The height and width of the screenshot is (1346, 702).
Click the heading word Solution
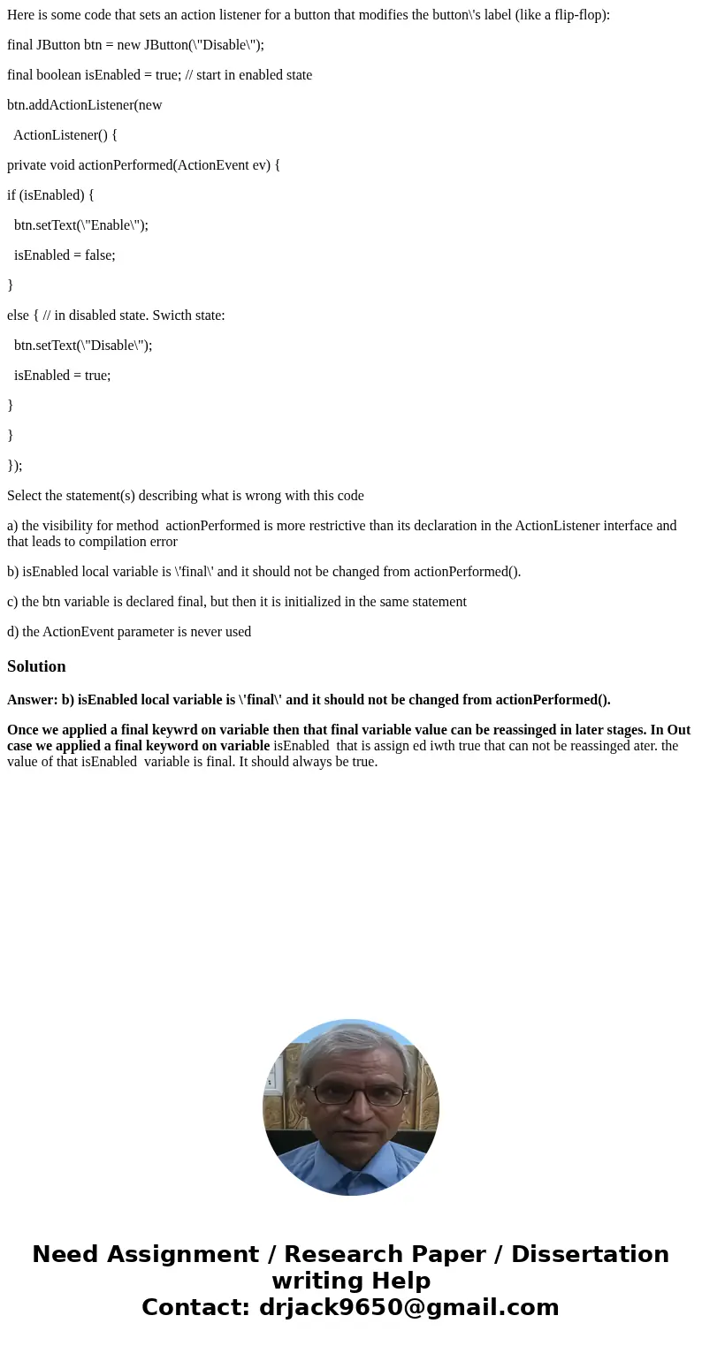pyautogui.click(x=36, y=666)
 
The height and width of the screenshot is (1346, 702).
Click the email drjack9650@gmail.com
pyautogui.click(x=409, y=1307)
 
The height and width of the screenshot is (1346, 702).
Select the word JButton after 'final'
pyautogui.click(x=62, y=45)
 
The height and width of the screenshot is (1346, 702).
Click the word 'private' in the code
pyautogui.click(x=29, y=165)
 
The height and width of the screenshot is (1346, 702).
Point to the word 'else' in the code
pyautogui.click(x=19, y=316)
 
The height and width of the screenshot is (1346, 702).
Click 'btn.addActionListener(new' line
pyautogui.click(x=85, y=105)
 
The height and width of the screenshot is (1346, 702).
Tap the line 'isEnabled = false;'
pyautogui.click(x=65, y=255)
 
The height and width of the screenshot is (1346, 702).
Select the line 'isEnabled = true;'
pyautogui.click(x=62, y=376)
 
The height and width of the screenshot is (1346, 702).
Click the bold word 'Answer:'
pyautogui.click(x=33, y=700)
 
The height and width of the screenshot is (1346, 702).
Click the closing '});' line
pyautogui.click(x=15, y=466)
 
